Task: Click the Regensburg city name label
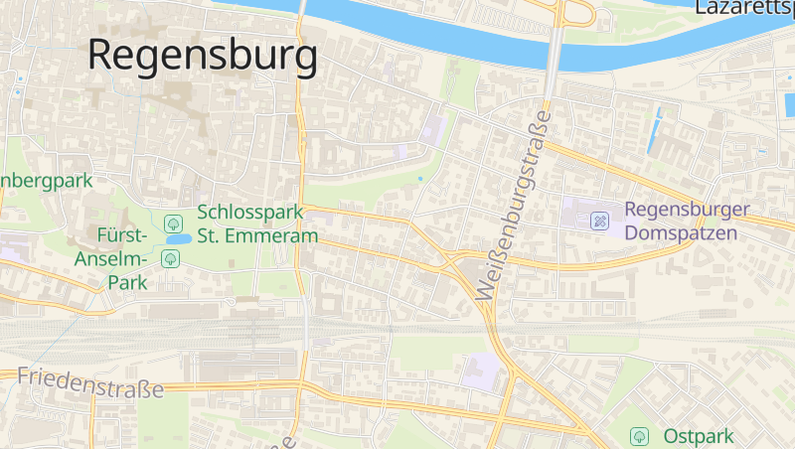pos(203,55)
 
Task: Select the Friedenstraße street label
pos(90,381)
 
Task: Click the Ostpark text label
pos(699,436)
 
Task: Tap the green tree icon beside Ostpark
pos(640,435)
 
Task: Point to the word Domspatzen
pos(681,233)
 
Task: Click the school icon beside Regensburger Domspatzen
pos(600,221)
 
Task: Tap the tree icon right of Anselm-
pos(170,258)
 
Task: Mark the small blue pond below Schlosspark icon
pos(178,239)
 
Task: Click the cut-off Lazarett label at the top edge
pos(743,8)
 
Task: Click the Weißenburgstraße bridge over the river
pos(553,45)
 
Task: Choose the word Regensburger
pos(687,211)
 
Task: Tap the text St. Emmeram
pos(257,236)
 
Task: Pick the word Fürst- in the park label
pos(123,235)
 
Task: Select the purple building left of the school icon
pos(576,217)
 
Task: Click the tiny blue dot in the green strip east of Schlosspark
pos(419,179)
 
